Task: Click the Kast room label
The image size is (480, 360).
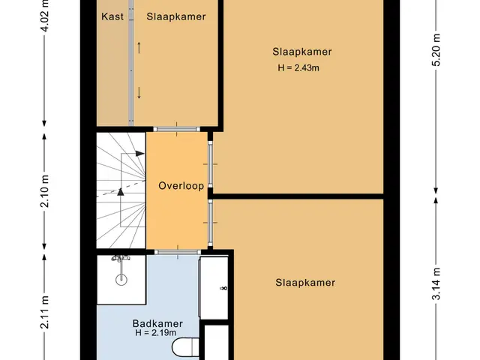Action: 112,16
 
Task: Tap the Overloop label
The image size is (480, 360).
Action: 181,186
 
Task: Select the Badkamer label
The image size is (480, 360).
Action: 157,323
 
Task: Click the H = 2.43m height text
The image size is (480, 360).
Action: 298,67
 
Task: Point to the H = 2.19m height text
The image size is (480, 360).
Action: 156,333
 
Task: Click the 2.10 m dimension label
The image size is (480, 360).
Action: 45,191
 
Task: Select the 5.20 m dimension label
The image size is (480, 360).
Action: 436,49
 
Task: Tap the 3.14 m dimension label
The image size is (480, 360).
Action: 436,283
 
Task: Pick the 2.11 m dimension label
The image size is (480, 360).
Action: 45,312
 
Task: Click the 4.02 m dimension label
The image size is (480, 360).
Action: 45,15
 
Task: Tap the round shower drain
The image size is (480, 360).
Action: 121,280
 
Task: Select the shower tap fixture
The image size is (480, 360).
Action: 121,259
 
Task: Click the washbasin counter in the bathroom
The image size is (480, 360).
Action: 214,288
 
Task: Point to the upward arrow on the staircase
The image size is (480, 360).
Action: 121,192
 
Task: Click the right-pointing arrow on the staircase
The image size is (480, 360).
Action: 140,153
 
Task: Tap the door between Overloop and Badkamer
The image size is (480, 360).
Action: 178,252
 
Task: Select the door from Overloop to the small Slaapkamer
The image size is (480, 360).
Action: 176,129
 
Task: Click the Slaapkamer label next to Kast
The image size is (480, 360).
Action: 176,16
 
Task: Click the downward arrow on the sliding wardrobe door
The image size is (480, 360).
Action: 139,93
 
